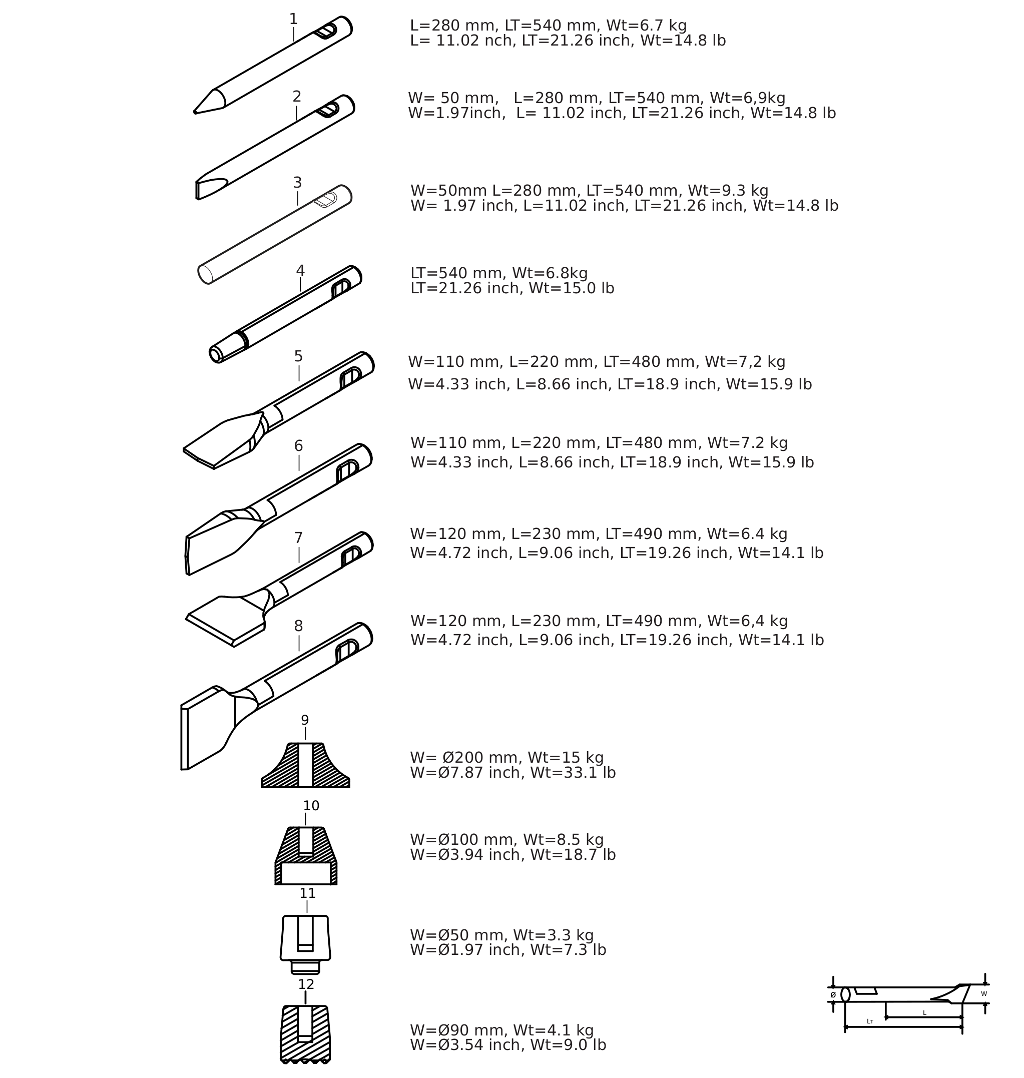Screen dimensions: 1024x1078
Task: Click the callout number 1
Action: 293,19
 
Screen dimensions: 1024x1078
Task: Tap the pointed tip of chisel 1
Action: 195,113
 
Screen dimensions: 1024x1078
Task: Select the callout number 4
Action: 300,271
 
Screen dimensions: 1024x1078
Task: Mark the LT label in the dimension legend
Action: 870,1021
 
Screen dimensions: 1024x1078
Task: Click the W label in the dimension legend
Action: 984,994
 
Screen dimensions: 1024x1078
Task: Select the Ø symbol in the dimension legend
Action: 833,995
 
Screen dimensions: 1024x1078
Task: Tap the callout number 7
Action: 299,538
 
